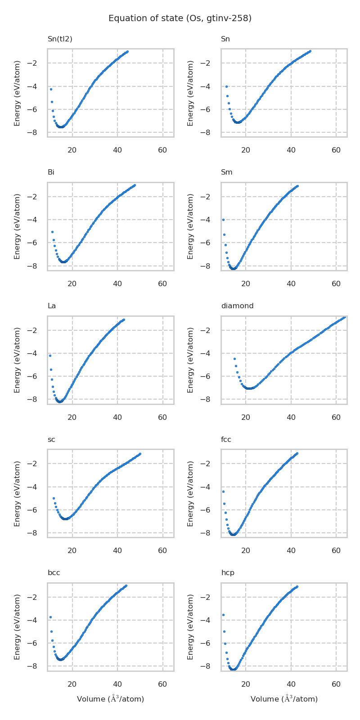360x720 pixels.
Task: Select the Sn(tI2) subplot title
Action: [x=60, y=39]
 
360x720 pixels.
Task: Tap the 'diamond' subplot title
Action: [x=237, y=306]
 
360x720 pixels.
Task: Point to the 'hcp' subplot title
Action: [x=228, y=573]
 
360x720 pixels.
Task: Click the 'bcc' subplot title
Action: [x=54, y=573]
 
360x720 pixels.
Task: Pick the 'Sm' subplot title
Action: [x=227, y=172]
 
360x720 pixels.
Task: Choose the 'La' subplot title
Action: [x=52, y=306]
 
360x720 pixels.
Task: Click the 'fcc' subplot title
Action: [x=226, y=440]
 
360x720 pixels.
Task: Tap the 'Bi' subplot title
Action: [x=51, y=172]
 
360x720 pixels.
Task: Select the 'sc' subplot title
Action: [x=51, y=440]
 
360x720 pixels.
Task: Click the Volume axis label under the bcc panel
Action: [x=110, y=699]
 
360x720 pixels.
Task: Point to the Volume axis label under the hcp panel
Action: [x=284, y=699]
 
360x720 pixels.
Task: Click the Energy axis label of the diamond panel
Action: [x=191, y=360]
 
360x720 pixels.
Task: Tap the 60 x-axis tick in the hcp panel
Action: [x=336, y=684]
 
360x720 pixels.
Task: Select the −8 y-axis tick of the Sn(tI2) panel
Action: [x=38, y=133]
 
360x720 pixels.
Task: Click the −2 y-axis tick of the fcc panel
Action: [x=211, y=464]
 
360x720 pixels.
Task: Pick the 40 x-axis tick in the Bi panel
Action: [x=117, y=284]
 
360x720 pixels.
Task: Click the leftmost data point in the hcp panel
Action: [x=223, y=615]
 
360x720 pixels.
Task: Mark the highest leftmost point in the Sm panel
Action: [x=223, y=220]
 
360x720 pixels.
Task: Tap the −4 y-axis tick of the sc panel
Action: [x=38, y=487]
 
